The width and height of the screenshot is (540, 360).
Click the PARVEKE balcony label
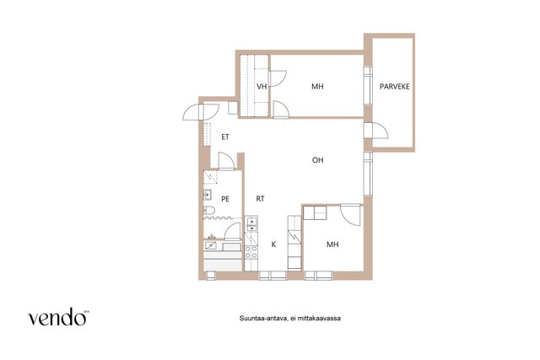click(394, 86)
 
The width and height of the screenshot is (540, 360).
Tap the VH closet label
click(262, 86)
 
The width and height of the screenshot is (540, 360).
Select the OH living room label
click(317, 160)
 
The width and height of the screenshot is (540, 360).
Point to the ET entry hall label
click(225, 137)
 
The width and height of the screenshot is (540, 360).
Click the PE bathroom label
click(225, 199)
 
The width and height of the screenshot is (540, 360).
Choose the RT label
click(260, 199)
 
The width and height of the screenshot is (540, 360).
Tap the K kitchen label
click(273, 244)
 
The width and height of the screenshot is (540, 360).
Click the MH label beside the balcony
click(317, 86)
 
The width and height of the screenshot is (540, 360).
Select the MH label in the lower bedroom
click(332, 244)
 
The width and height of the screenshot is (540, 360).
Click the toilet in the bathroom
click(209, 210)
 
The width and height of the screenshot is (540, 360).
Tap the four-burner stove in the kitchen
click(251, 252)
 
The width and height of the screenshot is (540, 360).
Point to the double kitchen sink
click(251, 223)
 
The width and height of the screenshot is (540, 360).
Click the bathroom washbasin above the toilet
click(208, 195)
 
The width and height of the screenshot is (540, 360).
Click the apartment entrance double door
click(201, 111)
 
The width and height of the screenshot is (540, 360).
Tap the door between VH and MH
click(278, 78)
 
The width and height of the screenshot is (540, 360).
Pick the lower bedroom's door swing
click(351, 214)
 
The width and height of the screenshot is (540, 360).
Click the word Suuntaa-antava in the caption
click(263, 319)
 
